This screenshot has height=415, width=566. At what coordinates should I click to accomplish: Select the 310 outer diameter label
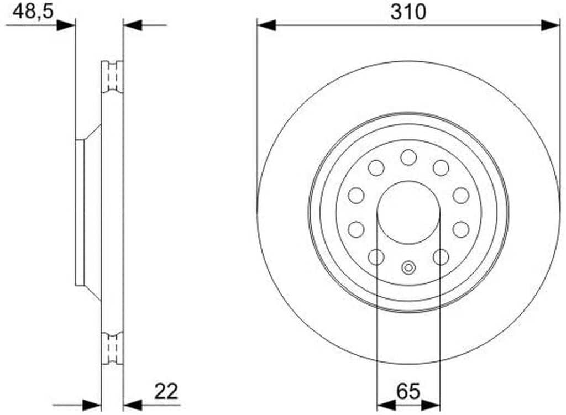point(408,12)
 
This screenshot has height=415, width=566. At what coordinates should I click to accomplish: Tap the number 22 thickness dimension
point(166,391)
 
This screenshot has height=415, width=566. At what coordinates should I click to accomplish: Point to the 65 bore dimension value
point(408,391)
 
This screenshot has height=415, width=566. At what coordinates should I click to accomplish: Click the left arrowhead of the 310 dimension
point(266,25)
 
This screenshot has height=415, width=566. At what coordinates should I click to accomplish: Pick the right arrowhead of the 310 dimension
point(551,25)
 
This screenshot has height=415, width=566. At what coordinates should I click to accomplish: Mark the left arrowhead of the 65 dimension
point(386,405)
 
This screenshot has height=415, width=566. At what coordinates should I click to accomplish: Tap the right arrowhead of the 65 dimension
point(431,405)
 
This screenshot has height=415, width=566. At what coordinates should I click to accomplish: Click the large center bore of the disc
point(408,213)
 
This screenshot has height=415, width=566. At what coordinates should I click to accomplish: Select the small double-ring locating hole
point(408,268)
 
